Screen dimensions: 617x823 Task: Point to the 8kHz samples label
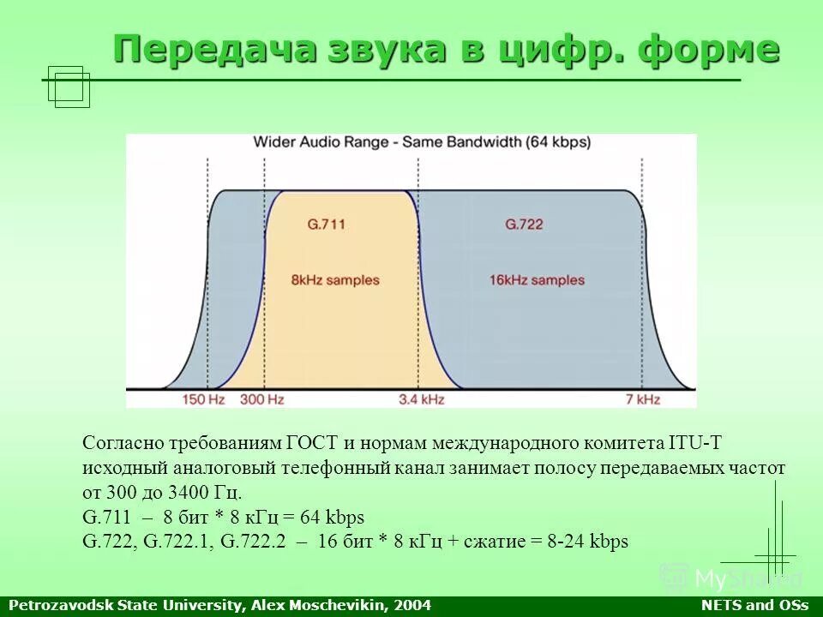[334, 280]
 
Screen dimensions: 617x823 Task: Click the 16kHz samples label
[537, 280]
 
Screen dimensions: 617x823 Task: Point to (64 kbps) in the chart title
[558, 142]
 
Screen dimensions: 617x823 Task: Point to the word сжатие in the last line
[491, 542]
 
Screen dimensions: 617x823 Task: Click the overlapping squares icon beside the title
[69, 87]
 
